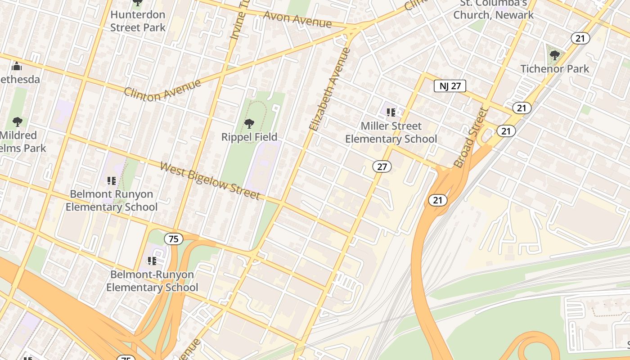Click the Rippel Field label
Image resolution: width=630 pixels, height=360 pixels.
249,137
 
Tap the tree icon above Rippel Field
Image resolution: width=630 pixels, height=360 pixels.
249,123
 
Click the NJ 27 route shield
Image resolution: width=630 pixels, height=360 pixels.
450,86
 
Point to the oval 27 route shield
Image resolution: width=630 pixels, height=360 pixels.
382,167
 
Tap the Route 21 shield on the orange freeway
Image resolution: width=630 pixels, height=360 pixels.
437,200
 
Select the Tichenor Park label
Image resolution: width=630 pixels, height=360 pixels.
554,69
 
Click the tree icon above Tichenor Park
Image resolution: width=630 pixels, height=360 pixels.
554,55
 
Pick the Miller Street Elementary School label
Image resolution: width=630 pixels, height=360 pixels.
391,132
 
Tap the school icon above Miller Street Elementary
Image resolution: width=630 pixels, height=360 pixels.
391,112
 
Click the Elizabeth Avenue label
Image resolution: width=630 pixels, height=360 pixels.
330,89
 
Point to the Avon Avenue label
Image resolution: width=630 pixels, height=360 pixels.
297,19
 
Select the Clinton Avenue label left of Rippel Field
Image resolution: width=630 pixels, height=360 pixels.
162,90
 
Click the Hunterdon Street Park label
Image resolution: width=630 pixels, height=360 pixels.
138,21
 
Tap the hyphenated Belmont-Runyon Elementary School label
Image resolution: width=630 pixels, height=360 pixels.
152,281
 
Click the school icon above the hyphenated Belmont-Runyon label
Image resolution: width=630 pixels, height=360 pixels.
152,261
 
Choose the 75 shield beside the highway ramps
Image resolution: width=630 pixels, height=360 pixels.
173,239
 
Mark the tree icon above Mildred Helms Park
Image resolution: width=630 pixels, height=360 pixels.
18,121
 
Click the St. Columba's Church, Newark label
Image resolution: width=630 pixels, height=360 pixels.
493,9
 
